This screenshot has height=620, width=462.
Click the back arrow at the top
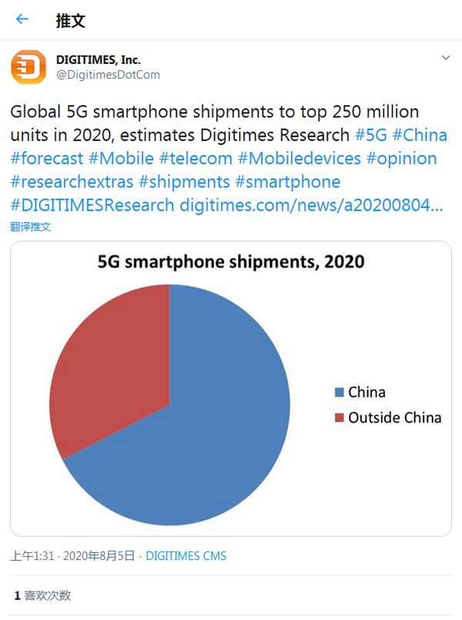coord(22,19)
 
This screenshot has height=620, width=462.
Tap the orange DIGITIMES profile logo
coord(28,66)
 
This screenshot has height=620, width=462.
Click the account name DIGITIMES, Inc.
coord(98,59)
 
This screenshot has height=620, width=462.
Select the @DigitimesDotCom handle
coord(107,74)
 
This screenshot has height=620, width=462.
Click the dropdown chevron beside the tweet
coord(445,58)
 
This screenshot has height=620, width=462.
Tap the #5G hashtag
coord(370,134)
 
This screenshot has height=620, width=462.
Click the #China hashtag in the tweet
coord(420,134)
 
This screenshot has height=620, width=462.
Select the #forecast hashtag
coord(46,158)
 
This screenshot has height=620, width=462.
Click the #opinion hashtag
coord(401,158)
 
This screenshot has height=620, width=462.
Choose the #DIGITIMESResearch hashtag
coord(92,206)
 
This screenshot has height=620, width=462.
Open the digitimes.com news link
coord(311,206)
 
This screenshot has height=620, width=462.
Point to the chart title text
coord(231,261)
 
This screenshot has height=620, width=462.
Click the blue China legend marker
coord(339,393)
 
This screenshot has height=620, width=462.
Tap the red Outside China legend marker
coord(339,418)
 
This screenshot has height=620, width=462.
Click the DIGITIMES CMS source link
coord(186,555)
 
